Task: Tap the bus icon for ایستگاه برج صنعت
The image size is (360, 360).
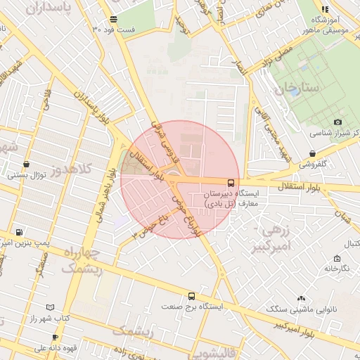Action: click(x=191, y=297)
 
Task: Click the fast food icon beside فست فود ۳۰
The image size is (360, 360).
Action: click(x=114, y=19)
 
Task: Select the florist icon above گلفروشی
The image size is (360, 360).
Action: click(x=311, y=154)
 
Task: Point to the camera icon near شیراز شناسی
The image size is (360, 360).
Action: click(x=338, y=122)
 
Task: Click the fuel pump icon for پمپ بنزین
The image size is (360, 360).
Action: click(x=19, y=233)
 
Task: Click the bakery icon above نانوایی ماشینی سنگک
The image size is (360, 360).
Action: click(x=302, y=299)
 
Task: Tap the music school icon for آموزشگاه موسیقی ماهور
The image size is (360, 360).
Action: click(x=324, y=9)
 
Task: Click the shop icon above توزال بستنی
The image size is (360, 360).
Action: click(x=26, y=164)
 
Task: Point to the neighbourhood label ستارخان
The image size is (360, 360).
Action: click(x=297, y=89)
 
